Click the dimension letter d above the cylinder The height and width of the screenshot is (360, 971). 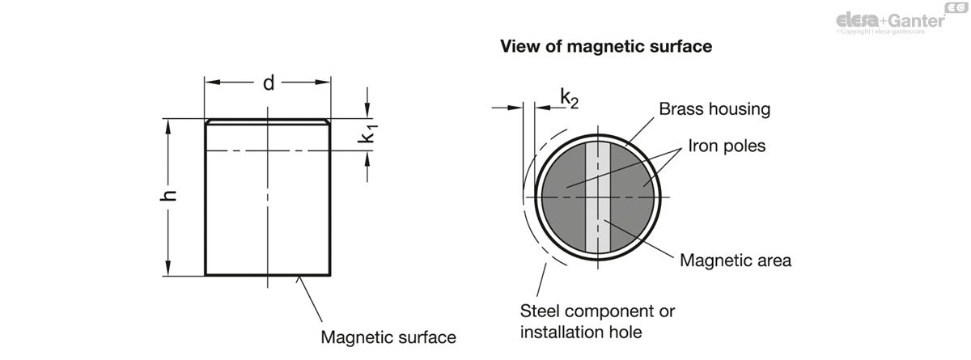pyautogui.click(x=269, y=83)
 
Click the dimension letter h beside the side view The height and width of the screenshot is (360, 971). pyautogui.click(x=168, y=196)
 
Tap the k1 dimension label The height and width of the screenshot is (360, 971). pyautogui.click(x=367, y=133)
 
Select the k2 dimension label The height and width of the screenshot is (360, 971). pyautogui.click(x=569, y=99)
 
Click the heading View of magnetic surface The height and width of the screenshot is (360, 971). pyautogui.click(x=606, y=46)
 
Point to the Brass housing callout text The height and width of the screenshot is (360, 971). pyautogui.click(x=714, y=109)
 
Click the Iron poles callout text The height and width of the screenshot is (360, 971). pyautogui.click(x=727, y=146)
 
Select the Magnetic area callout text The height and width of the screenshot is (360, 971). pyautogui.click(x=736, y=260)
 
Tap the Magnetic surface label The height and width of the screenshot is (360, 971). pyautogui.click(x=388, y=337)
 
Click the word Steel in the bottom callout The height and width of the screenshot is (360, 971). pyautogui.click(x=541, y=311)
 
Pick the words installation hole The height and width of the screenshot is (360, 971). pyautogui.click(x=581, y=332)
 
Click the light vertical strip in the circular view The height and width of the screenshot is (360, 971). pyautogui.click(x=598, y=197)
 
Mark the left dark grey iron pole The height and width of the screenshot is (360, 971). pyautogui.click(x=563, y=197)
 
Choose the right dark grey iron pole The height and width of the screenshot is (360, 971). pyautogui.click(x=632, y=197)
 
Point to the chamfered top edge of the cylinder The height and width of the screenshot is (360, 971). pyautogui.click(x=268, y=121)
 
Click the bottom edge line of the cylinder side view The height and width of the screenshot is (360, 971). pyautogui.click(x=268, y=275)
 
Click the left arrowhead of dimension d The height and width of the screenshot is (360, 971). pyautogui.click(x=212, y=83)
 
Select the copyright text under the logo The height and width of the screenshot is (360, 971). pyautogui.click(x=880, y=32)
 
